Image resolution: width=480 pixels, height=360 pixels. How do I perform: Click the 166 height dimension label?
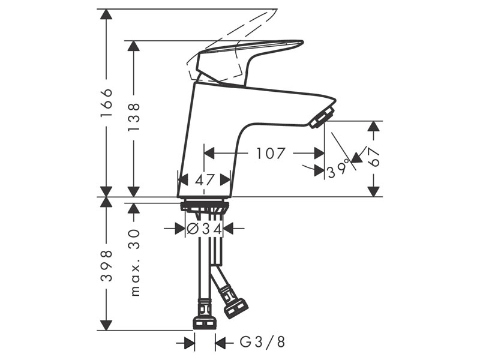point(107,103)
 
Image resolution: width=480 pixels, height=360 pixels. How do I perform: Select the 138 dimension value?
point(134,117)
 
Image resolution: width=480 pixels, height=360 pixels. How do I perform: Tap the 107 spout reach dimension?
point(271,154)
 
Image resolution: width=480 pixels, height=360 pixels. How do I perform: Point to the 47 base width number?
point(205,180)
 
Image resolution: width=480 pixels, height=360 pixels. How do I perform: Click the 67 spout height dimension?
point(373,157)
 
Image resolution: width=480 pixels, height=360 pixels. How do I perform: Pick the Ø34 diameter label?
point(205,229)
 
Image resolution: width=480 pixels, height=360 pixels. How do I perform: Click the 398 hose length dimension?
point(107,265)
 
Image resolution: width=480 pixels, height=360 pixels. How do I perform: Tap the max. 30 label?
point(134,262)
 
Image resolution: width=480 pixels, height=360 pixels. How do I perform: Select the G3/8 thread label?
point(262,341)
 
